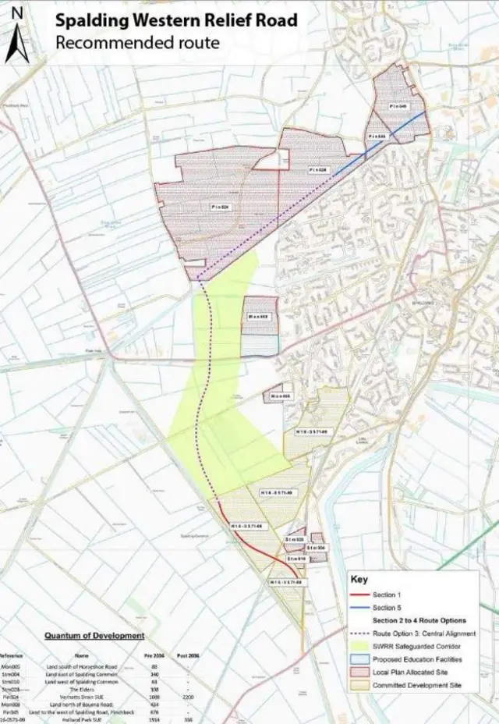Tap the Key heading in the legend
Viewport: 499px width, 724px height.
tap(359, 580)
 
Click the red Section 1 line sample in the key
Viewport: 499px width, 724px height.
tap(359, 594)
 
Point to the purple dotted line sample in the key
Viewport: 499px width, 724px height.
tap(359, 634)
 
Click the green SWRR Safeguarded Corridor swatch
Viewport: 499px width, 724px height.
tap(359, 648)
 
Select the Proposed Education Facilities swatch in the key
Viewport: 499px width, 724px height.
tap(359, 660)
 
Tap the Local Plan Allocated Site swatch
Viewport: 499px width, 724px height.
tap(359, 673)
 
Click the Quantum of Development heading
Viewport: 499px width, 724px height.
tap(94, 636)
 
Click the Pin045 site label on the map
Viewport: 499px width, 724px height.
tap(398, 106)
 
